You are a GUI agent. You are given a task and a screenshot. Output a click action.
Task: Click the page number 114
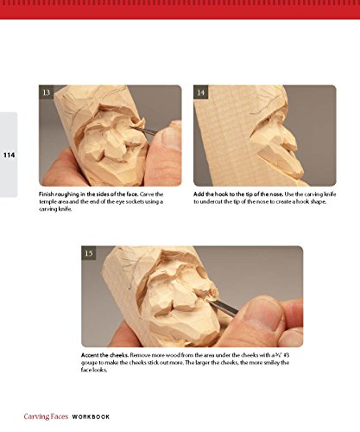point(9,156)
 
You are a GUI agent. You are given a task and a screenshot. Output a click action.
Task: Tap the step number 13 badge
point(47,92)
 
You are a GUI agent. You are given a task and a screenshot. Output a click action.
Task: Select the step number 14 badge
point(201,92)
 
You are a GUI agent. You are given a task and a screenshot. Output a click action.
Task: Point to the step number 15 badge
point(89,253)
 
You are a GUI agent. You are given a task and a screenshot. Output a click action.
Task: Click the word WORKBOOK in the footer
point(91,416)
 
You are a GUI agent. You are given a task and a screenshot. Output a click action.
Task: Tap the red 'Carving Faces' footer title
point(46,416)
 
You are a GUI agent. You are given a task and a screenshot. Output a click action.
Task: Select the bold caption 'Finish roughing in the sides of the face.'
point(89,194)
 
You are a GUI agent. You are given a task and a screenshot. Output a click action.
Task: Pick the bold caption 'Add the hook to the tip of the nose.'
point(238,194)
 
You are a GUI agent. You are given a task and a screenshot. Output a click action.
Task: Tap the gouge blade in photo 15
point(224,307)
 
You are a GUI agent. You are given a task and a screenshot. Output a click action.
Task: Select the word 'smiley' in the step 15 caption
point(270,363)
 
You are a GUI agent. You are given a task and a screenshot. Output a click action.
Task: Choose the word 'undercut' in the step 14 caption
point(212,201)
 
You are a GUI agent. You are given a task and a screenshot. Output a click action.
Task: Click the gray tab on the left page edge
point(9,155)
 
